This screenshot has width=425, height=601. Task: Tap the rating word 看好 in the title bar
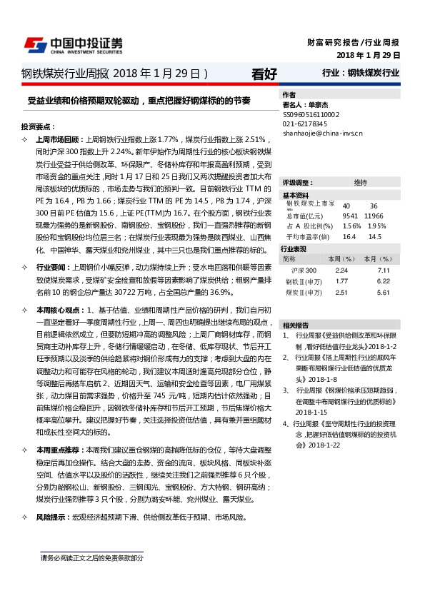point(264,73)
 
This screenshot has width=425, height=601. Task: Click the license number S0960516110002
point(311,114)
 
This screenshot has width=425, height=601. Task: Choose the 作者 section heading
point(289,95)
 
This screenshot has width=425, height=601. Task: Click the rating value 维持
point(360,183)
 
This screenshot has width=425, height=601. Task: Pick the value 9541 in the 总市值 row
point(350,215)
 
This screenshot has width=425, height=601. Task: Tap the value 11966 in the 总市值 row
point(374,215)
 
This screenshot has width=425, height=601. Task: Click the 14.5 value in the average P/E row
point(375,236)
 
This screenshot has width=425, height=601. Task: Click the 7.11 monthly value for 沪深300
point(384,271)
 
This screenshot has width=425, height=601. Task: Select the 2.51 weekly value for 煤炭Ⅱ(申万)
point(341,292)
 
